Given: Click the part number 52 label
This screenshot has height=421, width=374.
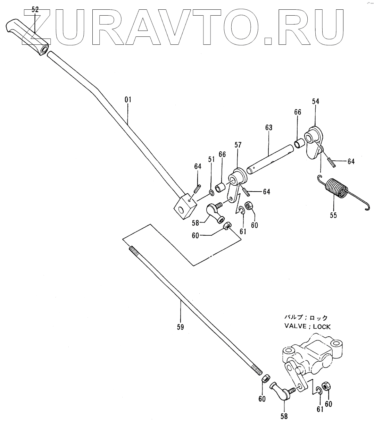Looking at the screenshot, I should pyautogui.click(x=35, y=10).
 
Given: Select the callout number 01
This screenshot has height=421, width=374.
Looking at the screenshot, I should pyautogui.click(x=128, y=100).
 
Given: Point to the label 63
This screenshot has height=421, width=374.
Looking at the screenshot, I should pyautogui.click(x=269, y=128).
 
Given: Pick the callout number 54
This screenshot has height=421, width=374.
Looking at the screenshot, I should pyautogui.click(x=315, y=101).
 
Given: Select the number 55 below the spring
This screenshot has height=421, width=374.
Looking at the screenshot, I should pyautogui.click(x=333, y=216).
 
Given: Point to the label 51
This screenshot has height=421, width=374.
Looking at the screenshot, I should pyautogui.click(x=211, y=159).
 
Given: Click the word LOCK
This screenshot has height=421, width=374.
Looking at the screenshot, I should pyautogui.click(x=321, y=327).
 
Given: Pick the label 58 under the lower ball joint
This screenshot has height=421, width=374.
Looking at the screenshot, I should pyautogui.click(x=284, y=416).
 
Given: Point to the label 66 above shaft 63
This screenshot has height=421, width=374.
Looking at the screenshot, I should pyautogui.click(x=298, y=112).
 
